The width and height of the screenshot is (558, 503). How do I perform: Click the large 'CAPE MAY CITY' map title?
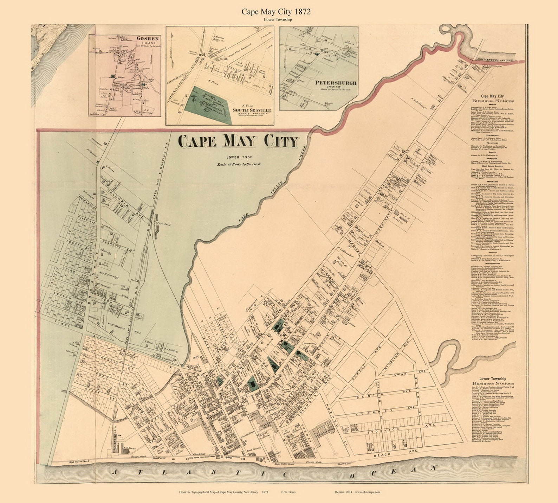pos(238,141)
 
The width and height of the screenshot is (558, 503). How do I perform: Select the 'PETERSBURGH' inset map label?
pos(336,83)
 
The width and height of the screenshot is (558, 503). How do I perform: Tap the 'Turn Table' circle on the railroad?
pos(155,223)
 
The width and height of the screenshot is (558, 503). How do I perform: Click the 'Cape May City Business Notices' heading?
pos(492,98)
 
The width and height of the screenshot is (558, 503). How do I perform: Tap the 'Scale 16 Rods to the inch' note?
pos(239,164)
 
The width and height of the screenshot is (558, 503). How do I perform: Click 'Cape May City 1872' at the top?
pos(276,12)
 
